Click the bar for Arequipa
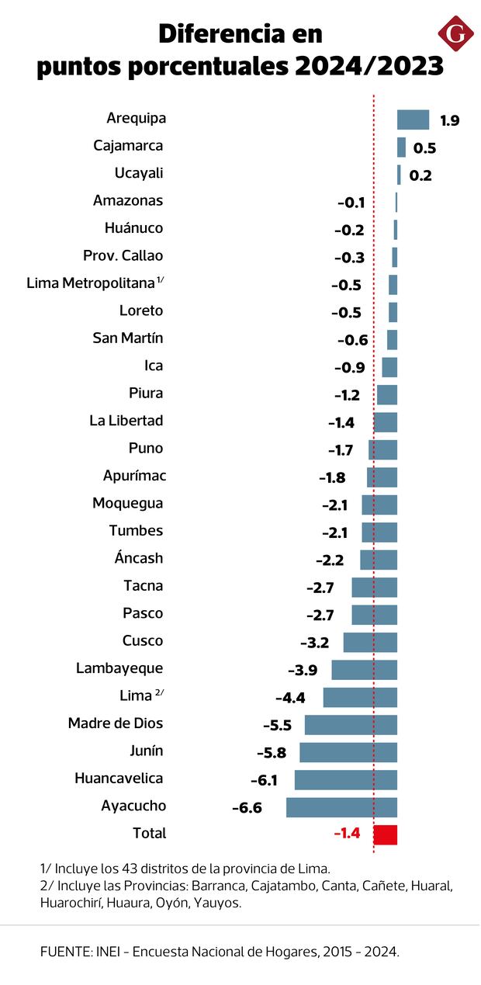(x=413, y=120)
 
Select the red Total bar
(x=386, y=834)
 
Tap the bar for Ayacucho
(x=341, y=807)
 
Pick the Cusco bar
(x=370, y=642)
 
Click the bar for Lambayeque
(x=364, y=670)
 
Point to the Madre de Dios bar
(x=351, y=725)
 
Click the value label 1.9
(x=449, y=120)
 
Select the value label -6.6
(x=247, y=808)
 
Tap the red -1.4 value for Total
(x=347, y=834)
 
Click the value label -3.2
(x=314, y=643)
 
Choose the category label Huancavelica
(x=119, y=778)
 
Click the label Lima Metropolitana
(x=91, y=283)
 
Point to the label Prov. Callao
(x=123, y=255)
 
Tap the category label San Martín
(x=127, y=338)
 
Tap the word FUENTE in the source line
(x=63, y=952)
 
